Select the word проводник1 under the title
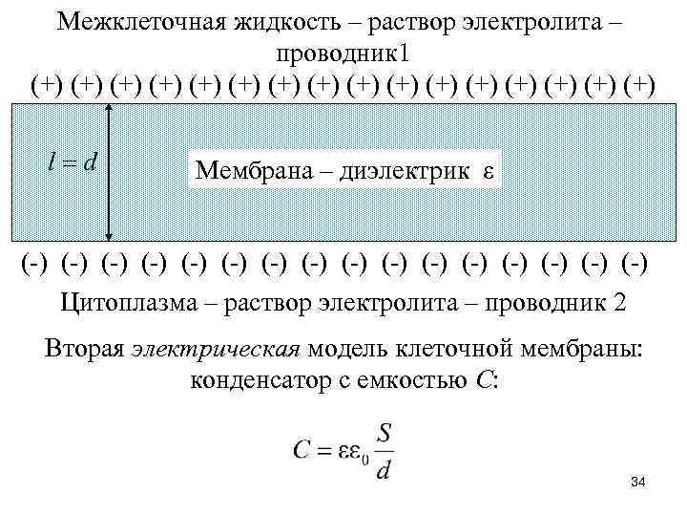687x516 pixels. (343, 52)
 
